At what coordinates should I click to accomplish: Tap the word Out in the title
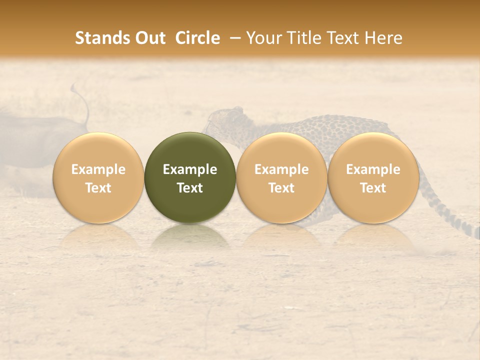tap(148, 38)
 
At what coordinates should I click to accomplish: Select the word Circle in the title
tap(197, 38)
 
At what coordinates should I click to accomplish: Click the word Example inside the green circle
tap(190, 169)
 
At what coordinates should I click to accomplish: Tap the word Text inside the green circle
tap(190, 188)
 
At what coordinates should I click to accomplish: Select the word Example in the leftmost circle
tap(98, 169)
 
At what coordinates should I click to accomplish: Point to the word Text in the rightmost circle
tap(373, 188)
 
